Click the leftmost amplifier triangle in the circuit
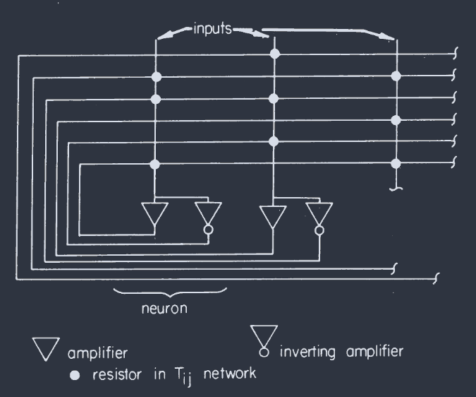click(x=154, y=214)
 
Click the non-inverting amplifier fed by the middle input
click(x=271, y=214)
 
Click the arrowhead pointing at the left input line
click(x=159, y=37)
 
